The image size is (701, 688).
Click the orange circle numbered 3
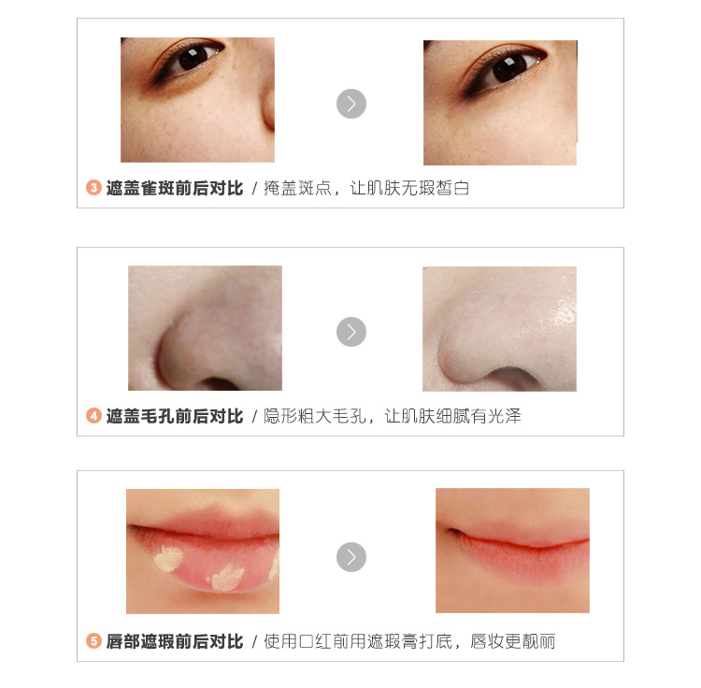pos(93,187)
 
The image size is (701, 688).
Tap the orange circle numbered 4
pos(93,416)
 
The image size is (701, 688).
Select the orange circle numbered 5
pos(93,641)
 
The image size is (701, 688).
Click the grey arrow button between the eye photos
pos(350,104)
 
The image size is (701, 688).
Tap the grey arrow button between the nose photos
pos(350,332)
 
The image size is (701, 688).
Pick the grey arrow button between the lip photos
pos(350,557)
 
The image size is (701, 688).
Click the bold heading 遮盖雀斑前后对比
pos(175,188)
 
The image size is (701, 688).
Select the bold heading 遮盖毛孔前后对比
pos(175,416)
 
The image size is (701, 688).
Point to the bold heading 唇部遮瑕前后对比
pos(175,641)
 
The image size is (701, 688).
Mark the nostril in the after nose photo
pos(514,380)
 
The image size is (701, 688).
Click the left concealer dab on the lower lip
pos(168,558)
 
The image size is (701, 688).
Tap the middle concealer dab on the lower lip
pos(227,577)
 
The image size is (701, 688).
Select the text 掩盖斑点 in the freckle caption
pos(297,188)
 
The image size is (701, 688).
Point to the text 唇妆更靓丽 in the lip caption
pos(512,641)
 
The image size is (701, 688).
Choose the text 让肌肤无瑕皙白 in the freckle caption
pos(409,188)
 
